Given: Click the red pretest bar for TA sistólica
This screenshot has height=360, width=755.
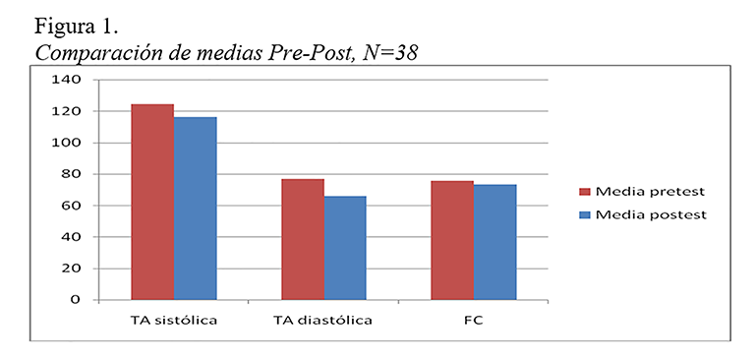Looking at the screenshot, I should click(x=152, y=202).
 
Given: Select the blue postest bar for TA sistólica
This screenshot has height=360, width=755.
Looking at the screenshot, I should click(x=195, y=208).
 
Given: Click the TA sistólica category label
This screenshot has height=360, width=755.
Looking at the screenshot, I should click(x=174, y=322).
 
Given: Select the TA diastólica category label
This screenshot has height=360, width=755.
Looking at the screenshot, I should click(x=323, y=322).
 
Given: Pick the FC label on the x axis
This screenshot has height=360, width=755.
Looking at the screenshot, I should click(x=473, y=322).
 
